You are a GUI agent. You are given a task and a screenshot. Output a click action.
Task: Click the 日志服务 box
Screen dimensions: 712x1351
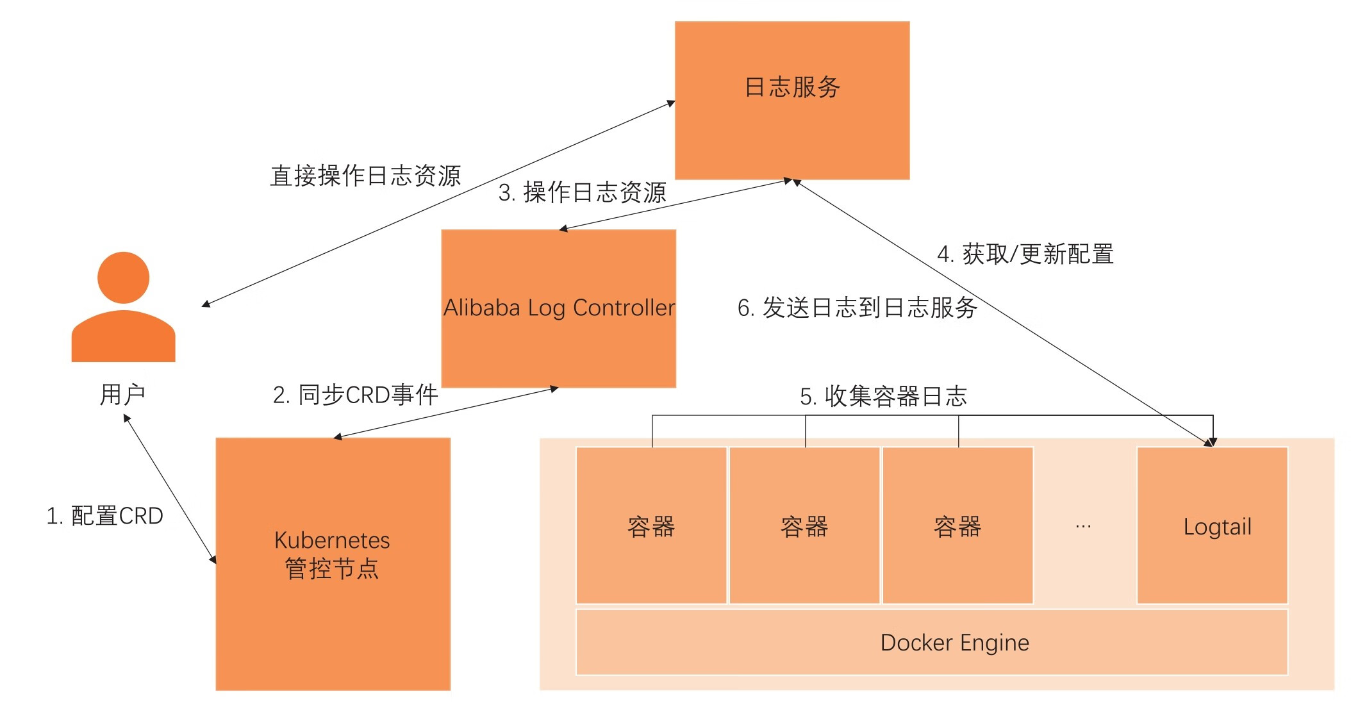coord(792,101)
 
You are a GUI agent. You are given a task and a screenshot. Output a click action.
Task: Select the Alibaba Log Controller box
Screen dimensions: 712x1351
coord(559,308)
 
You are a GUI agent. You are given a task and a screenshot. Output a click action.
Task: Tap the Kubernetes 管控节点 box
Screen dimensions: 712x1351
coord(333,563)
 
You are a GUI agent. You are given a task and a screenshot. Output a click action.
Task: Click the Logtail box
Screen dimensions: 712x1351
coord(1212,526)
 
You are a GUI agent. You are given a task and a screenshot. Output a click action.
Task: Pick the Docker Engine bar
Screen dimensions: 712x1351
coord(931,642)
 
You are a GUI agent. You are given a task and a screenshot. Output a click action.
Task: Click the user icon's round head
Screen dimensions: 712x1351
coord(123,277)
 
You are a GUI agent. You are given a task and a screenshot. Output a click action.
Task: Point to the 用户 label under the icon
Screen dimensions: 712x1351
coord(122,395)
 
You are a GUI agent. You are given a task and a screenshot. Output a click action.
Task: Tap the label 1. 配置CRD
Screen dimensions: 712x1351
coord(105,516)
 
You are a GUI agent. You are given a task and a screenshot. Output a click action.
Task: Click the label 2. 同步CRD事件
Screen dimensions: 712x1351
coord(356,395)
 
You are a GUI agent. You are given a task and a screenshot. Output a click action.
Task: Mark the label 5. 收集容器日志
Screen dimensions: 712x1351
coord(883,397)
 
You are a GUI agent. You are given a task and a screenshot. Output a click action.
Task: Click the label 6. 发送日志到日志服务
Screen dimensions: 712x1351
coord(857,308)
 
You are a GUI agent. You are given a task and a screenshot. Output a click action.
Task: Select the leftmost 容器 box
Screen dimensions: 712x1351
coord(651,526)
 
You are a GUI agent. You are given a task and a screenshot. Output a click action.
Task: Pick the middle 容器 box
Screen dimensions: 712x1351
coord(804,526)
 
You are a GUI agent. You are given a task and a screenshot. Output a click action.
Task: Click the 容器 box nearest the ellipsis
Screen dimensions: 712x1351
coord(957,526)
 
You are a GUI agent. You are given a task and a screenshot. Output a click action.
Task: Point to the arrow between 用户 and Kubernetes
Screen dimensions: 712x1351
coord(170,489)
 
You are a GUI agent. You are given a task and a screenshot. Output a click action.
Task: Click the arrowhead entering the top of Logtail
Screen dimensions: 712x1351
coord(1213,442)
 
